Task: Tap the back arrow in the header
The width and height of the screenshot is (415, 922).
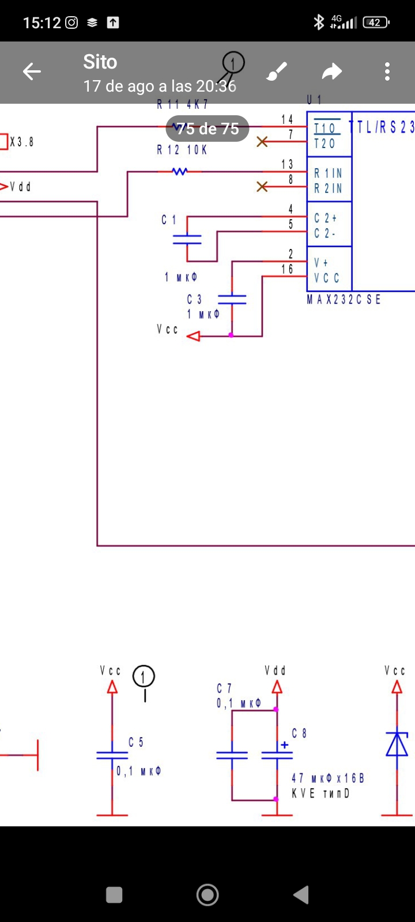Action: [x=32, y=72]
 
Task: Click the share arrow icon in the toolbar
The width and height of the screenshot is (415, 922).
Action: [x=331, y=72]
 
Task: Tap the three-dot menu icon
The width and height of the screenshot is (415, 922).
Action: [x=387, y=72]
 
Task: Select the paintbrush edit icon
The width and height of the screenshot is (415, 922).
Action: [x=277, y=73]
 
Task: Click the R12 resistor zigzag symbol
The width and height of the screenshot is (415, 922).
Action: [x=180, y=171]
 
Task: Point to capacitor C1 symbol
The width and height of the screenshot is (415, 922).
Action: [x=187, y=239]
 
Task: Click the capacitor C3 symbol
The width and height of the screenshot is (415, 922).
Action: [x=232, y=299]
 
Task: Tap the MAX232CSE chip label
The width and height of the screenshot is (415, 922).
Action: [x=344, y=300]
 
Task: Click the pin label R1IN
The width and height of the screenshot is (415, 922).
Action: [x=328, y=173]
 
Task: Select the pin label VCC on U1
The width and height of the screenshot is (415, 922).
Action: [x=327, y=278]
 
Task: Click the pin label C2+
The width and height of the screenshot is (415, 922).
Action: [x=326, y=218]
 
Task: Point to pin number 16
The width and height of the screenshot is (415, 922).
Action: [x=287, y=269]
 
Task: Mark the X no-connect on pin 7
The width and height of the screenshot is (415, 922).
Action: [x=262, y=141]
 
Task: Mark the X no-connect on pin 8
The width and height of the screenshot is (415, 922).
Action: [x=262, y=186]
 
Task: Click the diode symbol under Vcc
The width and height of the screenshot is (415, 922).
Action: [x=397, y=744]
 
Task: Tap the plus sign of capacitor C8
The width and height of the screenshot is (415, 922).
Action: [x=284, y=745]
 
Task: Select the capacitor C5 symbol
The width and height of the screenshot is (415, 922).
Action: [x=112, y=755]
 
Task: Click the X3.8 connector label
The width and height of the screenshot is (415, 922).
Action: [x=21, y=142]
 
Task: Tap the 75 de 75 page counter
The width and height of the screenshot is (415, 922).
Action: [x=207, y=129]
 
